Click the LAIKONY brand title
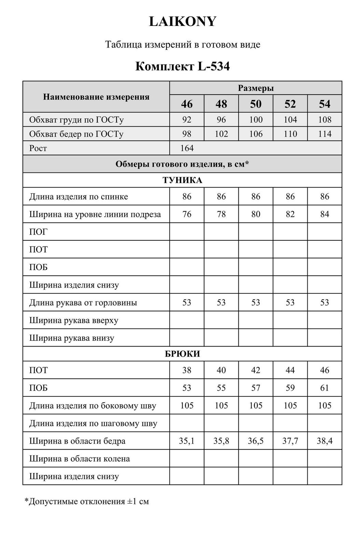pos(183,22)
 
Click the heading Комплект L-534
pos(182,66)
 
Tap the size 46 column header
pos(187,104)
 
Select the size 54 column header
pos(324,104)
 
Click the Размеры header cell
pos(255,88)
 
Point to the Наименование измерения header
pos(96,97)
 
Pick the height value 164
pos(187,148)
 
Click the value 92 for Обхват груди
pos(187,120)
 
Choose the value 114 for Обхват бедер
pos(324,134)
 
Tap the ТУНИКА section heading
pos(182,180)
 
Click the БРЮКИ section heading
pos(182,354)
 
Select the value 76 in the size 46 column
pos(187,214)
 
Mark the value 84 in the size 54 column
pos(324,214)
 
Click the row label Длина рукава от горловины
pos(83,303)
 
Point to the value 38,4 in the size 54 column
pos(324,441)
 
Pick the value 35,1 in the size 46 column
pos(187,441)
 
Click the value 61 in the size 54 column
pos(324,388)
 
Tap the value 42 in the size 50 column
pos(255,370)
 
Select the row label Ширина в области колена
pos(80,459)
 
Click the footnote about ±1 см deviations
pos(87,501)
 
